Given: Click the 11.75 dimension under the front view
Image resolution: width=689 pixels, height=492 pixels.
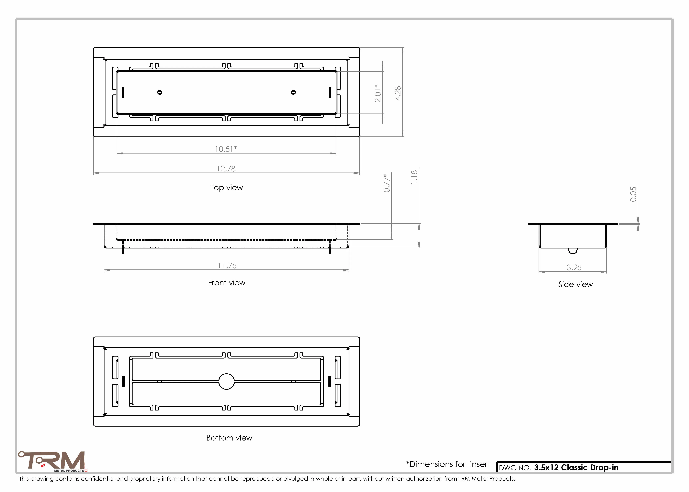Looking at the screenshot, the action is (227, 266).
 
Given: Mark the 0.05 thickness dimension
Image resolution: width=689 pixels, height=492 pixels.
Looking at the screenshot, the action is (633, 194).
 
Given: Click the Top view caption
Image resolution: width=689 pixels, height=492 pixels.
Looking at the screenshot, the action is (227, 187).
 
